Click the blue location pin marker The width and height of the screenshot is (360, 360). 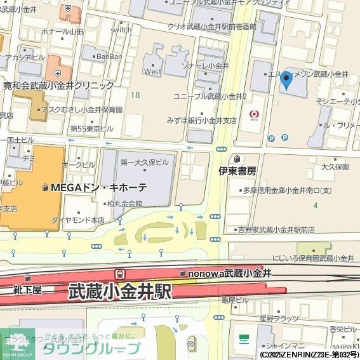(x=286, y=81)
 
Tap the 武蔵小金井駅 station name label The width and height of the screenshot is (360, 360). (x=119, y=291)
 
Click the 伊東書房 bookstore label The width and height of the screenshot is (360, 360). (x=237, y=171)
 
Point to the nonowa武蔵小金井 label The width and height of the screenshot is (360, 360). (x=230, y=273)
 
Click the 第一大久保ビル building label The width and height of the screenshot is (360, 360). (x=144, y=162)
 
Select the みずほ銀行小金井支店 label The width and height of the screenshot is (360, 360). (x=202, y=120)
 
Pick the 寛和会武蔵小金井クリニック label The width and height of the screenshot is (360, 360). (x=58, y=85)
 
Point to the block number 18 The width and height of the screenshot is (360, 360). (x=135, y=95)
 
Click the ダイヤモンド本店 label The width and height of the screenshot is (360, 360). (x=79, y=220)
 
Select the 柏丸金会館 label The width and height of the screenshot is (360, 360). (x=124, y=204)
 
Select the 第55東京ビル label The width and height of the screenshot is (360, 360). (x=91, y=128)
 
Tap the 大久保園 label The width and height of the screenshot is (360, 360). (x=335, y=167)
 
